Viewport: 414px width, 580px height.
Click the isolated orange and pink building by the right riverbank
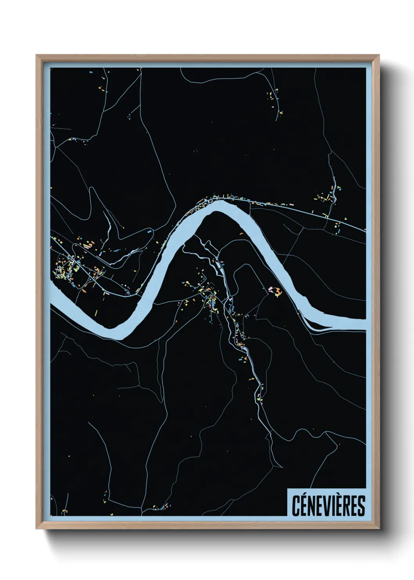pyautogui.click(x=275, y=291)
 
